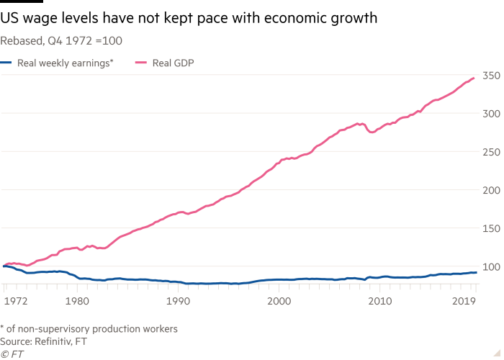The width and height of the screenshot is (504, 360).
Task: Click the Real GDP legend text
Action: click(x=175, y=63)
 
